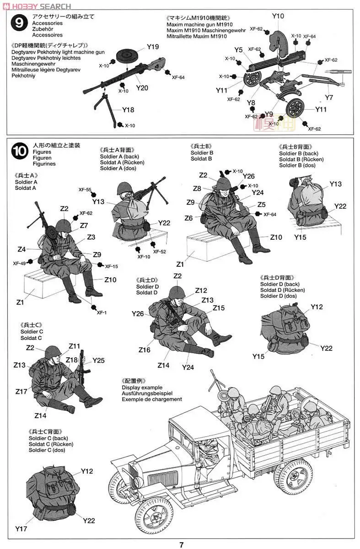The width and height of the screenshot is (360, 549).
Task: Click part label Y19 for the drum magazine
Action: [x=153, y=47]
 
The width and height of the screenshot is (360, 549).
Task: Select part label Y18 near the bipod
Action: [x=128, y=110]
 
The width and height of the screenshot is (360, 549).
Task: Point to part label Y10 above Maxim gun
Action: [x=278, y=16]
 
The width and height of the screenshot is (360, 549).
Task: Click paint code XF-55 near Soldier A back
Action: [x=85, y=189]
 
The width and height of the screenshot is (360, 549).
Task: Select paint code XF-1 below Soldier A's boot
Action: [x=101, y=312]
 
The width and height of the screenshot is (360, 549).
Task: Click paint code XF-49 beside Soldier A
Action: [x=20, y=263]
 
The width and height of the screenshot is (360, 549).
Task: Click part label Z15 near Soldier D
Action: [x=219, y=308]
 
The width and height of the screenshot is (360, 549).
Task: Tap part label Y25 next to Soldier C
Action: [x=98, y=360]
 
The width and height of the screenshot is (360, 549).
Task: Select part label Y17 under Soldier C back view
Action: [x=21, y=529]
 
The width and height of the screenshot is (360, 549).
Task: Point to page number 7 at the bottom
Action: [x=181, y=544]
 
